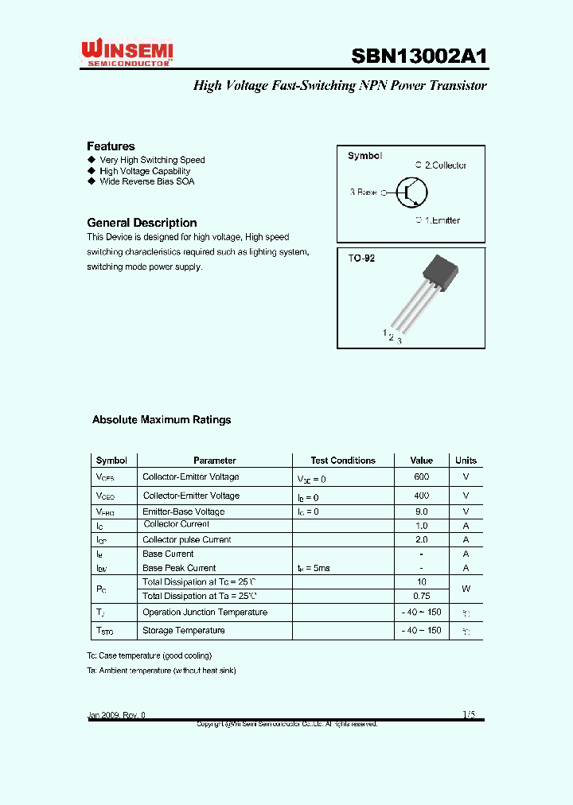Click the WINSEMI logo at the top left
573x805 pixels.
pyautogui.click(x=127, y=53)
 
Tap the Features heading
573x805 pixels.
pyautogui.click(x=111, y=146)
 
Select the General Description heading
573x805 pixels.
pyautogui.click(x=142, y=223)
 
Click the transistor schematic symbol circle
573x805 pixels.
pyautogui.click(x=412, y=192)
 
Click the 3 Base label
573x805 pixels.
pyautogui.click(x=364, y=192)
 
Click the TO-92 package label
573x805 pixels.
pyautogui.click(x=361, y=259)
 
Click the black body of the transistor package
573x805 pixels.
pyautogui.click(x=441, y=272)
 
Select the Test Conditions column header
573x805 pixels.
pyautogui.click(x=343, y=461)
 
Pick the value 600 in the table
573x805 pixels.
pyautogui.click(x=421, y=476)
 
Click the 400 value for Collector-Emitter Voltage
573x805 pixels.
pyautogui.click(x=421, y=496)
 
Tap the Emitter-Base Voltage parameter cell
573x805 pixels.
pyautogui.click(x=183, y=511)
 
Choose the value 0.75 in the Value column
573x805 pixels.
pyautogui.click(x=421, y=596)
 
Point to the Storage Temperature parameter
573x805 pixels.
pyautogui.click(x=183, y=631)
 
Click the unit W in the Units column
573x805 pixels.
pyautogui.click(x=466, y=589)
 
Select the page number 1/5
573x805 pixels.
pyautogui.click(x=469, y=715)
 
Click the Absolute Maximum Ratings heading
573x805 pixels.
pyautogui.click(x=162, y=419)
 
